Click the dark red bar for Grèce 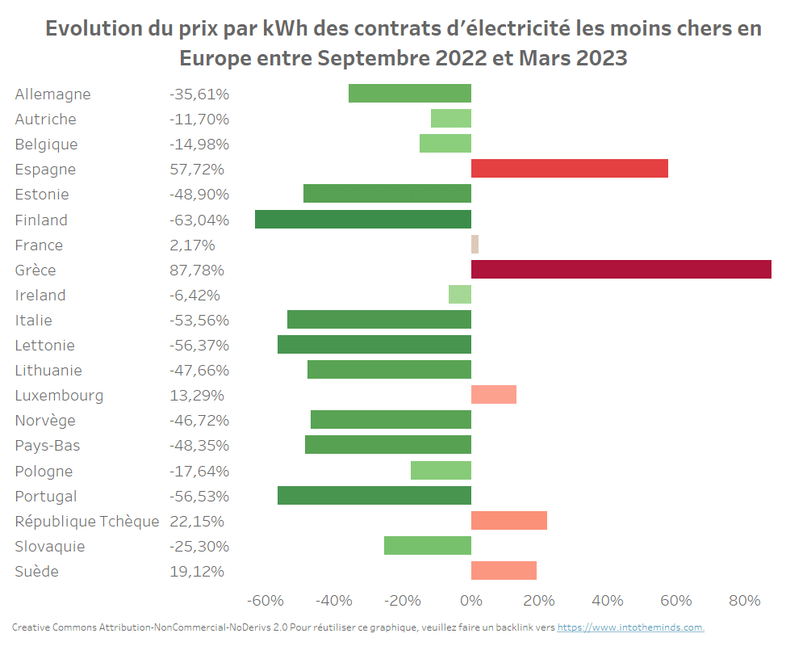pyautogui.click(x=621, y=270)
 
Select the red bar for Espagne pyautogui.click(x=569, y=169)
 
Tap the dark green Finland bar pyautogui.click(x=362, y=220)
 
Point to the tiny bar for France pyautogui.click(x=475, y=245)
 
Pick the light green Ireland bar pyautogui.click(x=460, y=295)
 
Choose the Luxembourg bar pyautogui.click(x=493, y=395)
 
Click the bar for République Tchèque pyautogui.click(x=508, y=521)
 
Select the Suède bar pyautogui.click(x=504, y=571)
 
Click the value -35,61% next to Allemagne pyautogui.click(x=199, y=94)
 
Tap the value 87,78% pyautogui.click(x=197, y=270)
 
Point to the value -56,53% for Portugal pyautogui.click(x=199, y=496)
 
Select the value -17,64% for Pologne pyautogui.click(x=199, y=471)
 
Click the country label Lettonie pyautogui.click(x=44, y=345)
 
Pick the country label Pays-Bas pyautogui.click(x=48, y=446)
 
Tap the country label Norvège pyautogui.click(x=45, y=421)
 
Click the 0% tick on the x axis pyautogui.click(x=470, y=601)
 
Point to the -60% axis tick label pyautogui.click(x=266, y=601)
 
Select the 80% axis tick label pyautogui.click(x=744, y=601)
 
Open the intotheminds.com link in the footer pyautogui.click(x=630, y=627)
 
